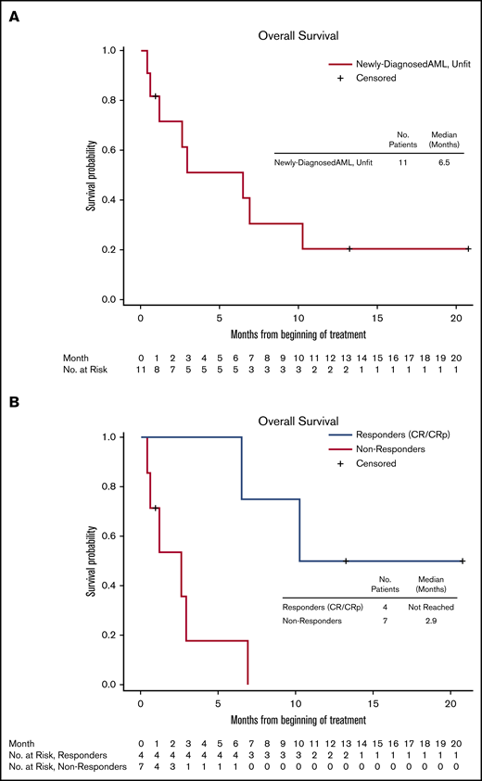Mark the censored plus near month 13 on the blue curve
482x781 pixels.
coord(346,561)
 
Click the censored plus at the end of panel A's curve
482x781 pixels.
coord(468,248)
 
